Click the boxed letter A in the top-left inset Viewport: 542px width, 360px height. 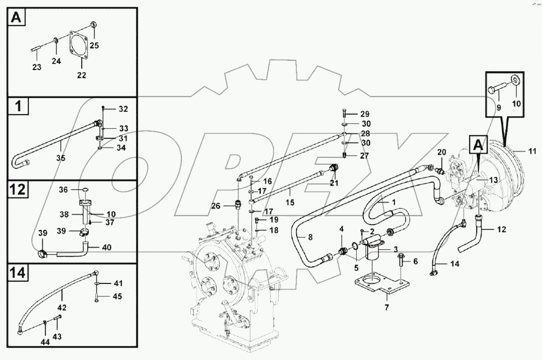pos(16,18)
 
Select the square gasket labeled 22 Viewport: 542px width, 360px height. pos(80,46)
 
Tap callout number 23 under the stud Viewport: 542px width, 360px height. pos(37,67)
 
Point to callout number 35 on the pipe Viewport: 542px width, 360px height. pos(61,158)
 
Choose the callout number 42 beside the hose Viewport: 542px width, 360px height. pos(62,308)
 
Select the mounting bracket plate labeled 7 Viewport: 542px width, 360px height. pos(378,287)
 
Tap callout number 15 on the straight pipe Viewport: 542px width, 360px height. pos(290,202)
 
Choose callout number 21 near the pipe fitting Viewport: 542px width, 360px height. pos(334,183)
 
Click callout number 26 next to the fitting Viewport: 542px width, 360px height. pos(227,206)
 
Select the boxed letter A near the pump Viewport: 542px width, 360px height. pos(478,145)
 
